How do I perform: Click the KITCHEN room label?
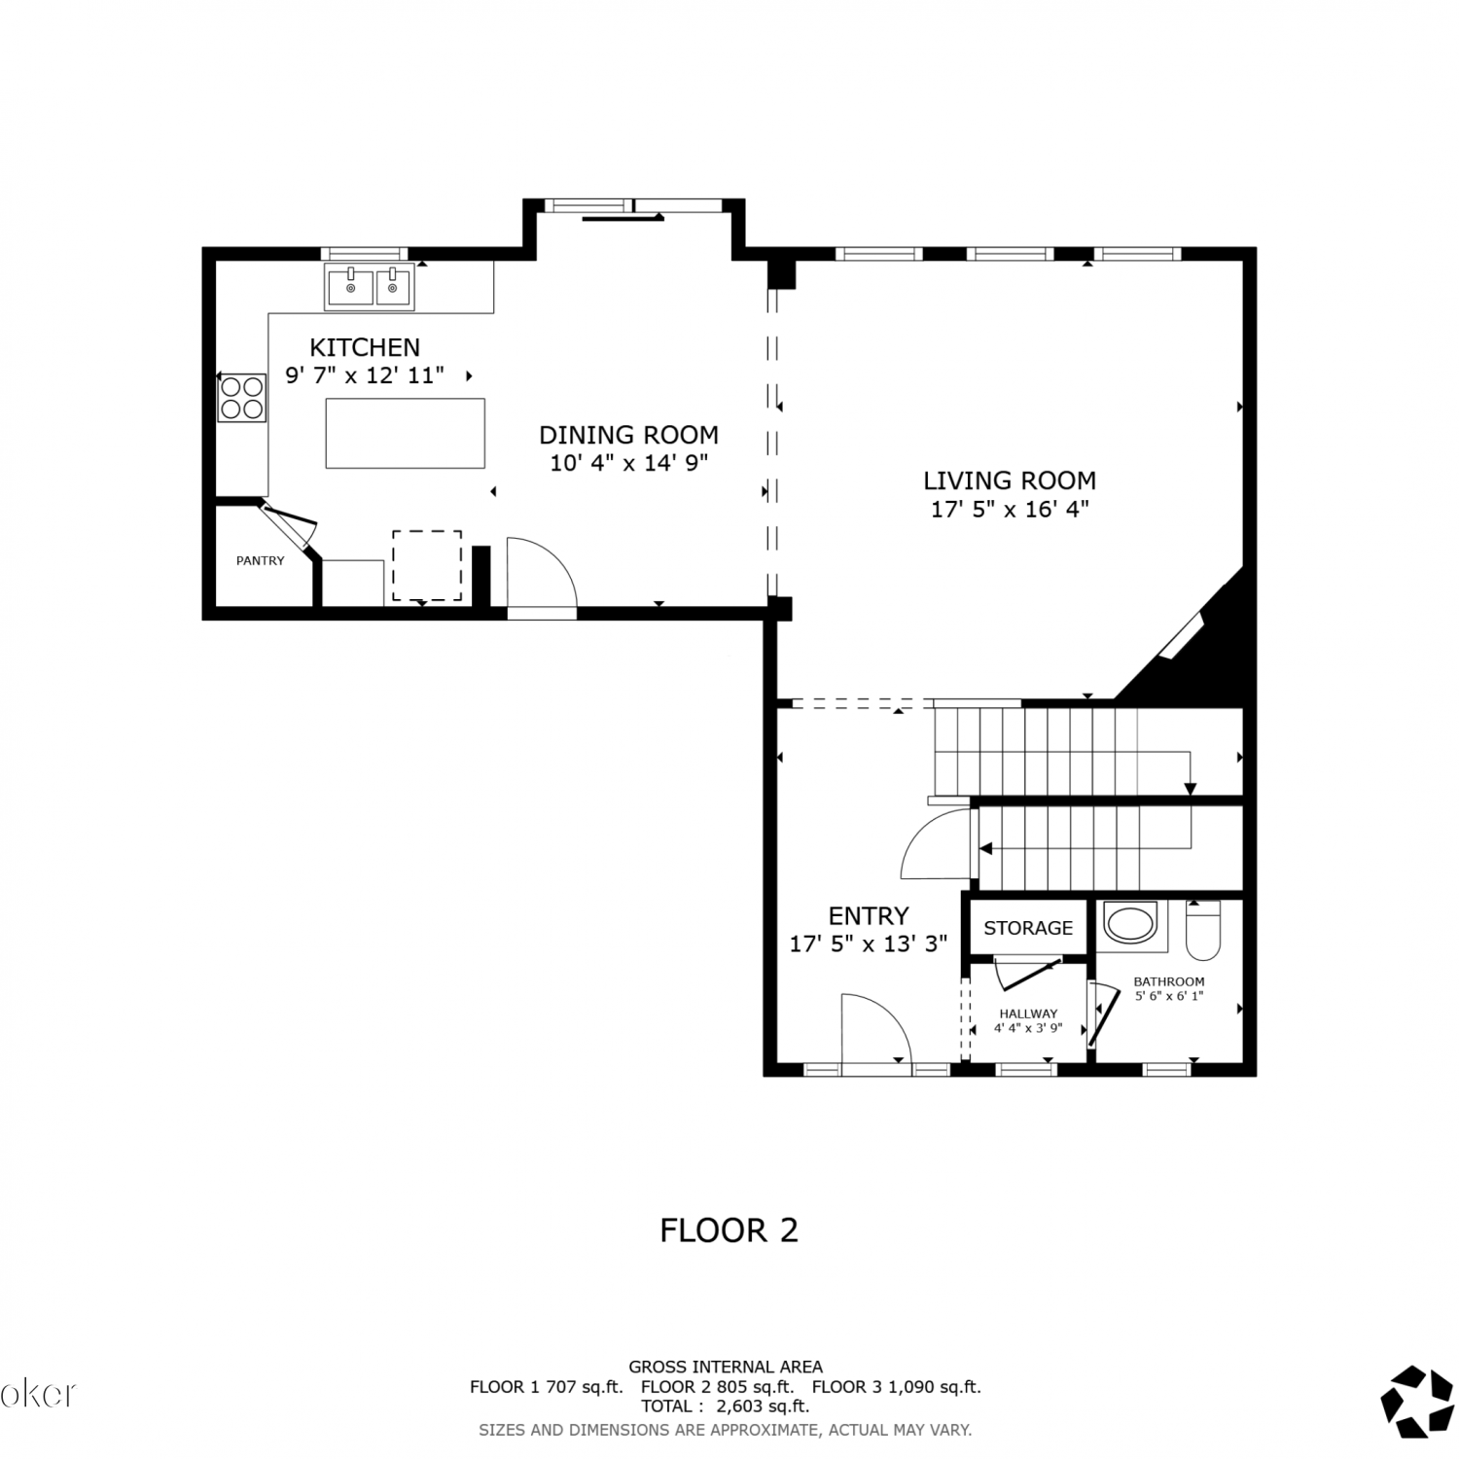pyautogui.click(x=365, y=347)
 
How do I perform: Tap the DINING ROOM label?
pyautogui.click(x=629, y=435)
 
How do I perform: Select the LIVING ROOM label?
pyautogui.click(x=1010, y=480)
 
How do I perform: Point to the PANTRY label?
pyautogui.click(x=261, y=561)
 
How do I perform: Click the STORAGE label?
pyautogui.click(x=1028, y=928)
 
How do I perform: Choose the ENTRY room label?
pyautogui.click(x=869, y=916)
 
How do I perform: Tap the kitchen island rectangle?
pyautogui.click(x=405, y=433)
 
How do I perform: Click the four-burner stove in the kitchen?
pyautogui.click(x=242, y=398)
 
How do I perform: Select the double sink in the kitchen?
pyautogui.click(x=370, y=289)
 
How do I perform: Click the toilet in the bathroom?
pyautogui.click(x=1203, y=929)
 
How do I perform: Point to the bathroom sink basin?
pyautogui.click(x=1130, y=923)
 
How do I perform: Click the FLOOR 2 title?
pyautogui.click(x=729, y=1230)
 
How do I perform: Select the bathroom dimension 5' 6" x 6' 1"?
pyautogui.click(x=1169, y=996)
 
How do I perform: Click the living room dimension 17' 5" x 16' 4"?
pyautogui.click(x=1010, y=509)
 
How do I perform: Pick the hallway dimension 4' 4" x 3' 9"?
pyautogui.click(x=1028, y=1028)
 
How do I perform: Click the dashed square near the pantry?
pyautogui.click(x=427, y=566)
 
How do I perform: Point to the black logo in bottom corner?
pyautogui.click(x=1417, y=1402)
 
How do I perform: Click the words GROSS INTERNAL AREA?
pyautogui.click(x=726, y=1367)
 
